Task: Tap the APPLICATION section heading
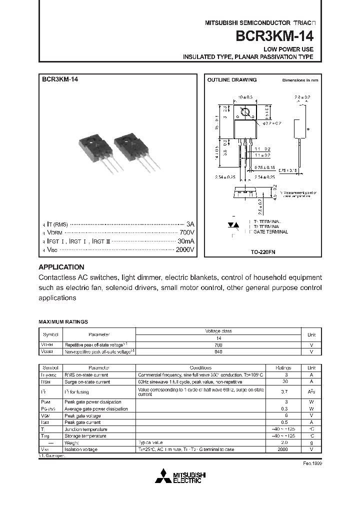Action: [61, 267]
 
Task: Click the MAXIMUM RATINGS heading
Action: [63, 322]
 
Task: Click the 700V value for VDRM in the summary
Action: [186, 232]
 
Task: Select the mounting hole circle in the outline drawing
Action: [245, 112]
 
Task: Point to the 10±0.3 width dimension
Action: [245, 96]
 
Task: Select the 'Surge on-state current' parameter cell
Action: [87, 381]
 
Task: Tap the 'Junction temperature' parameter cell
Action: [85, 429]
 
